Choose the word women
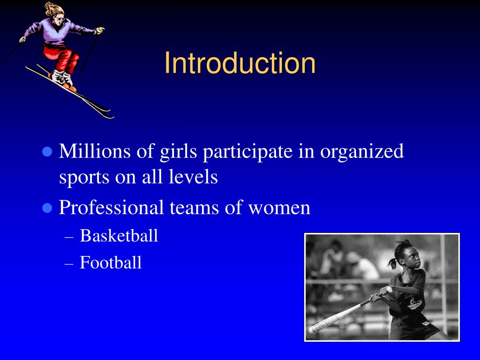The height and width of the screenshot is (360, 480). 279,208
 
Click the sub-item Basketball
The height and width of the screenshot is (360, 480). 119,235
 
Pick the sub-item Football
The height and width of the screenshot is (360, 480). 111,262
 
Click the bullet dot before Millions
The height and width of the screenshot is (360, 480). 46,152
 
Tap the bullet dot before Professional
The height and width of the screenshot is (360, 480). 46,208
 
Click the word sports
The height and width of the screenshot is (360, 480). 82,178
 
